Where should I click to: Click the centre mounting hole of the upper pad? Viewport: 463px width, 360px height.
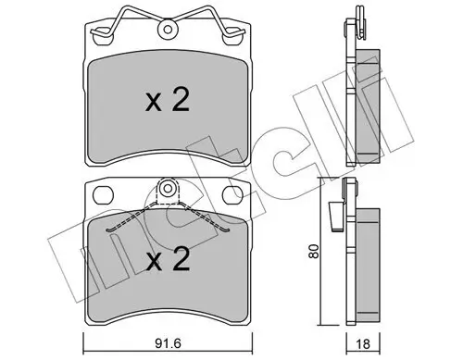169,30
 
